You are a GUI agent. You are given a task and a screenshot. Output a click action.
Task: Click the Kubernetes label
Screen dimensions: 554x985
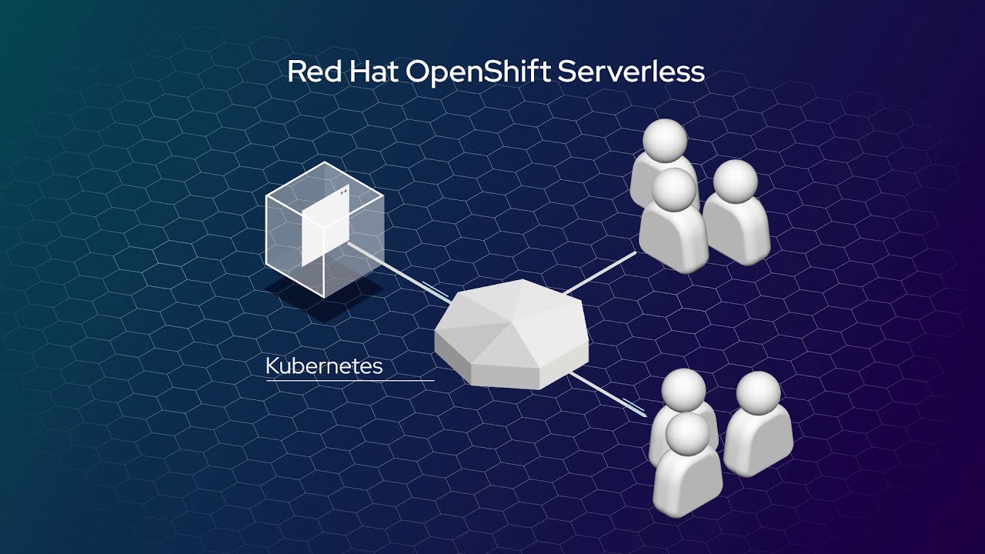324,366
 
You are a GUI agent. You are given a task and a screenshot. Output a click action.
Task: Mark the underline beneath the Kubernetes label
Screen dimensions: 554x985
350,380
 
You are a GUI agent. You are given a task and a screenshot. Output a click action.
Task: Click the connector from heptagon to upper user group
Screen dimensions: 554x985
600,272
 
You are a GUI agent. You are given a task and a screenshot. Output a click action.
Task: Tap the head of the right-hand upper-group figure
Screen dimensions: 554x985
735,182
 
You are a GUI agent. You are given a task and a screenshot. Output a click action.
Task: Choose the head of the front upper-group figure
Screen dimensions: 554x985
673,189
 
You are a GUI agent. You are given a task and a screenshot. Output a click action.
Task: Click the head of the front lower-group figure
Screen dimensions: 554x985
686,435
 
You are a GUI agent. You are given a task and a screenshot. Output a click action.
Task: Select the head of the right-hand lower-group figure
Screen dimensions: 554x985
758,394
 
